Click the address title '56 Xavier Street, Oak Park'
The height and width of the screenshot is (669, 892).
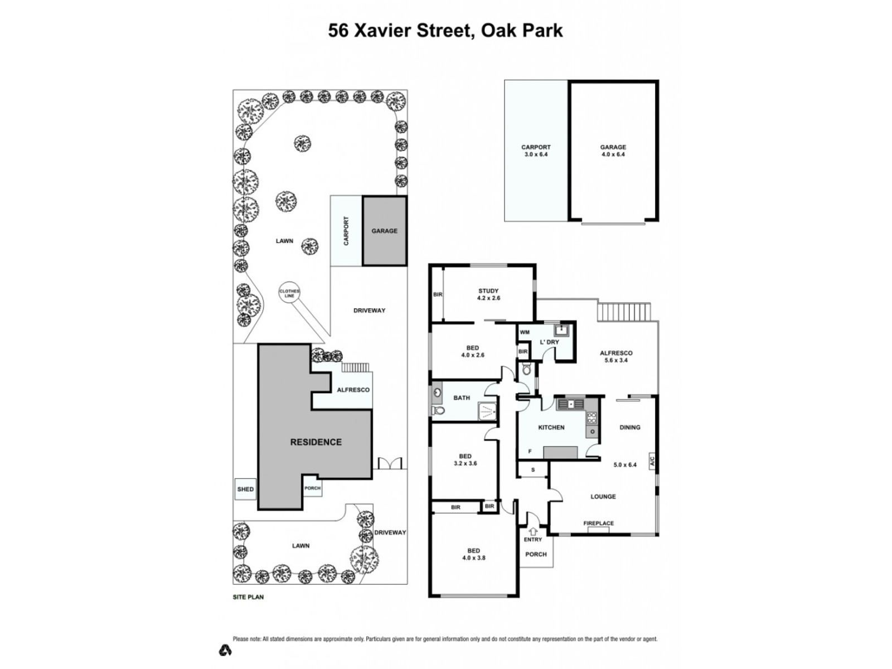click(x=445, y=30)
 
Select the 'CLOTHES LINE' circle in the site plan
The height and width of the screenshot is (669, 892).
click(x=289, y=293)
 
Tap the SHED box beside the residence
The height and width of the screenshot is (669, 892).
click(x=245, y=489)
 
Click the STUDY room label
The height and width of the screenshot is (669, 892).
click(x=488, y=291)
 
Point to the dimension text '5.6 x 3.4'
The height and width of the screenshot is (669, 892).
click(x=616, y=361)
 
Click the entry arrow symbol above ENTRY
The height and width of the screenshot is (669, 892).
click(x=533, y=531)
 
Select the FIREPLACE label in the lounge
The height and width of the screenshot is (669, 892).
click(x=598, y=523)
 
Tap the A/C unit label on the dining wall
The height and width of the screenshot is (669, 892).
click(x=652, y=462)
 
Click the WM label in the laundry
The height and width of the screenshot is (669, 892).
click(x=525, y=332)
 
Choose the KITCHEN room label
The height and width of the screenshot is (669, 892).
click(x=551, y=428)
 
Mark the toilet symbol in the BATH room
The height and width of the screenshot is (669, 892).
click(x=438, y=411)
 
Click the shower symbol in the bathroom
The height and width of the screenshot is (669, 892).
click(x=487, y=411)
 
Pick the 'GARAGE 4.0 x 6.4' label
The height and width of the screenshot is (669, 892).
click(x=613, y=151)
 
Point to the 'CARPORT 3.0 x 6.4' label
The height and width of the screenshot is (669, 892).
click(x=536, y=151)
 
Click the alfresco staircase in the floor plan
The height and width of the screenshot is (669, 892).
click(x=624, y=312)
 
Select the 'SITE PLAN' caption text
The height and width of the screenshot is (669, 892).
click(x=248, y=597)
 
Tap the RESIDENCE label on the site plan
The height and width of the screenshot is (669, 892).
click(x=316, y=442)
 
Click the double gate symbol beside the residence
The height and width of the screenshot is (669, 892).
click(x=390, y=463)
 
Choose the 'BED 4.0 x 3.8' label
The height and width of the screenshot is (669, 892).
click(x=473, y=554)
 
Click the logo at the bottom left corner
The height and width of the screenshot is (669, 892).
click(x=225, y=650)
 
